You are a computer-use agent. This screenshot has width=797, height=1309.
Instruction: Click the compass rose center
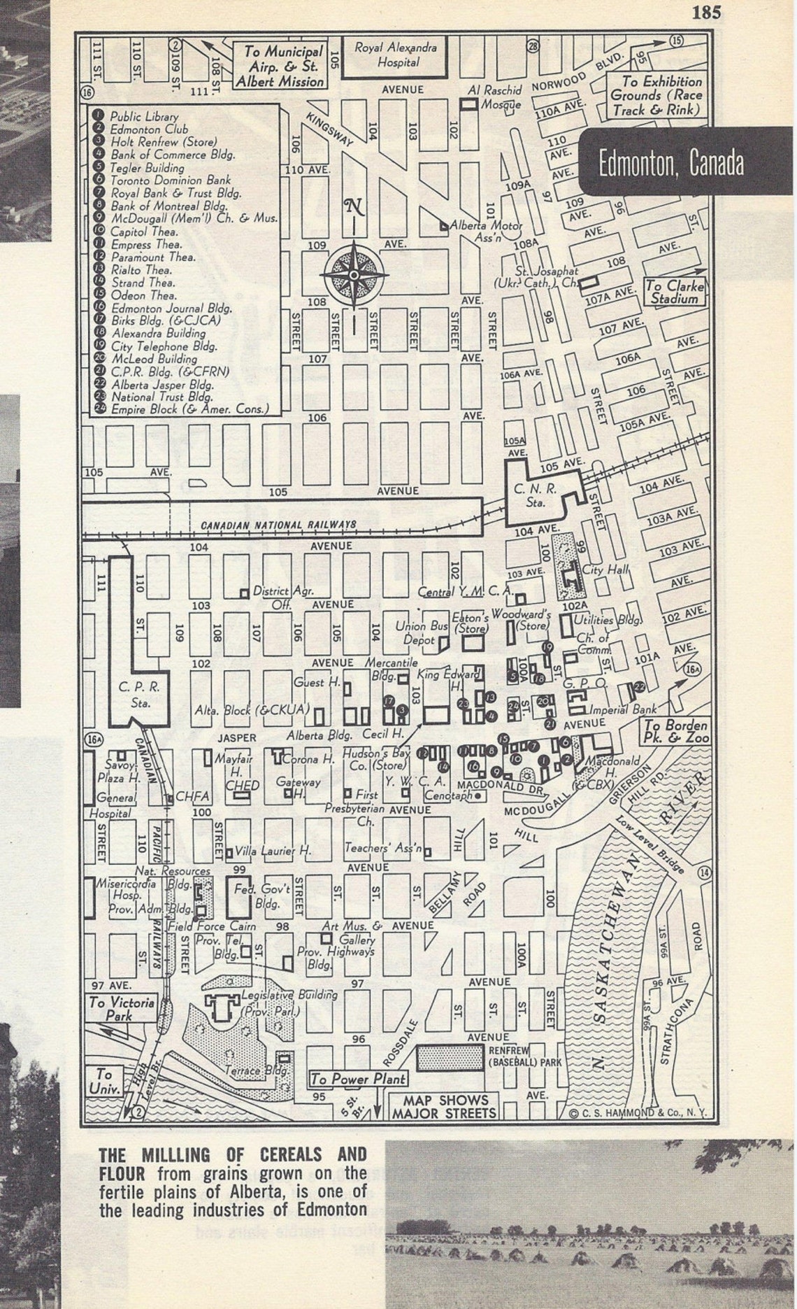pos(354,274)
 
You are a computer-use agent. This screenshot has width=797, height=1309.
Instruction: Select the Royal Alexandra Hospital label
pos(395,55)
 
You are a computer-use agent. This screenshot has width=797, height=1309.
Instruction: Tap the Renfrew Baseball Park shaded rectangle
pos(450,1058)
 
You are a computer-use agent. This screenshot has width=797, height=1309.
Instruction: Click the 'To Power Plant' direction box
pos(348,1079)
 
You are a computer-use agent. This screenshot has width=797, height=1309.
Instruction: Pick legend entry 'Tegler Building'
pos(147,168)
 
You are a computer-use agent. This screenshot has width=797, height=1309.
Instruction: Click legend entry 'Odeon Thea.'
pos(143,295)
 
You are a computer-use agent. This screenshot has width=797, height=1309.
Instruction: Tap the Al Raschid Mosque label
pos(495,98)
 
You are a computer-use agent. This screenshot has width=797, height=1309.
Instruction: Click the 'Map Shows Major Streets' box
pos(445,1106)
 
